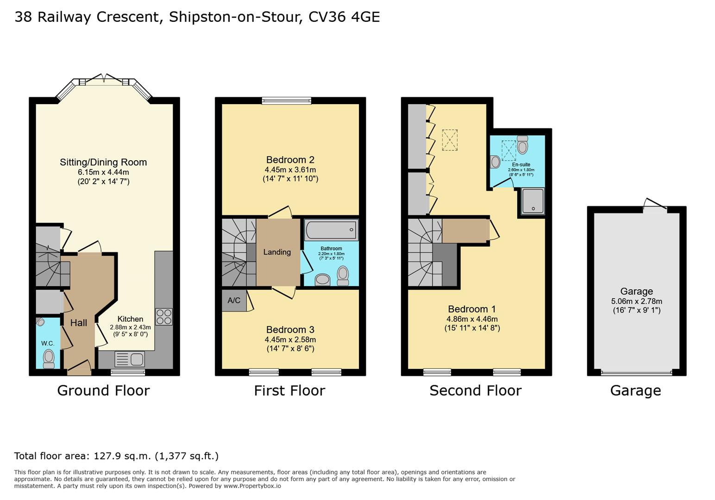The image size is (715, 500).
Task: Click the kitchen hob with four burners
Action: [164, 317]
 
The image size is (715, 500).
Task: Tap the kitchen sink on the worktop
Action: [129, 359]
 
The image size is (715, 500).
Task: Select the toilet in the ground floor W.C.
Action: [49, 359]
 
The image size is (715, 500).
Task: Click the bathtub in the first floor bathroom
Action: [331, 230]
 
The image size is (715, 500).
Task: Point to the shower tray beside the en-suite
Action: [533, 201]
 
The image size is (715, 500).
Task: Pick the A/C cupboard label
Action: [234, 300]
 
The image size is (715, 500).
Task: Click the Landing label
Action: [277, 252]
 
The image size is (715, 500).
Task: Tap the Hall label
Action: [79, 323]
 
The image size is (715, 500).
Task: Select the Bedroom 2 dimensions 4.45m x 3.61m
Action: [290, 169]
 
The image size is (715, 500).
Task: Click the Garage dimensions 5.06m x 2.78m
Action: [636, 301]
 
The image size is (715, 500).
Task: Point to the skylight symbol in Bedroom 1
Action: [450, 140]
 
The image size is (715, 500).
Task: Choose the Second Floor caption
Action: [476, 391]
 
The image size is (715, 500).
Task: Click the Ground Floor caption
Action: [103, 391]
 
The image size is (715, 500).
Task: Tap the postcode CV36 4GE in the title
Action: [344, 17]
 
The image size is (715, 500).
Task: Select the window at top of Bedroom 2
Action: [286, 100]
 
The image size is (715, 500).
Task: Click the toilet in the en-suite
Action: [522, 145]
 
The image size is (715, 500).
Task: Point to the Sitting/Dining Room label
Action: [103, 162]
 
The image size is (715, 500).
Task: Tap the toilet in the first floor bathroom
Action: [343, 275]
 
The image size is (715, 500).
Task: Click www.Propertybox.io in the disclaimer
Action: [252, 486]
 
